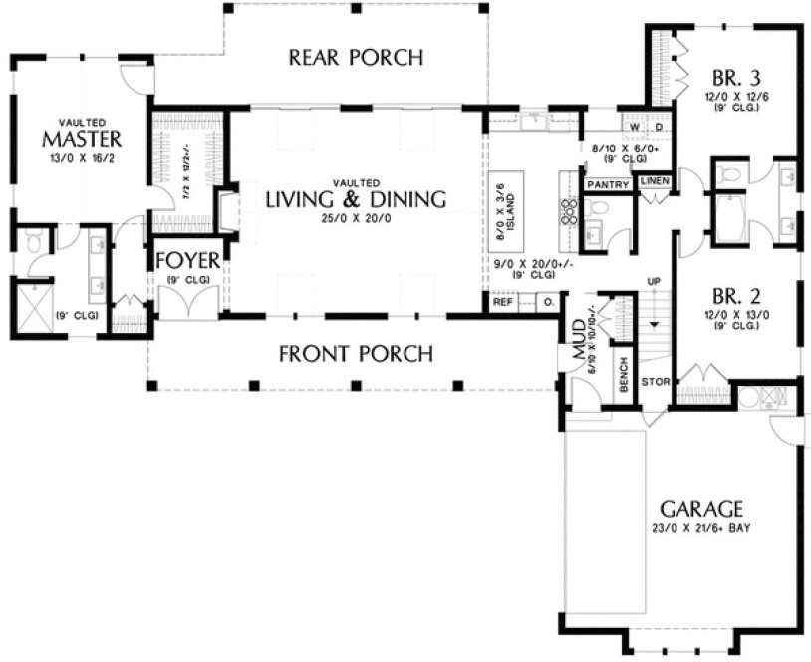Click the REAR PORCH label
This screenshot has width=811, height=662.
click(x=356, y=57)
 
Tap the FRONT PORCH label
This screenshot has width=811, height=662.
click(x=356, y=353)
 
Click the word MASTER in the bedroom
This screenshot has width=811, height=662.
click(x=83, y=138)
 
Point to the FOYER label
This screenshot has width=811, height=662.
click(x=185, y=261)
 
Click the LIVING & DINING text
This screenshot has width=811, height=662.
click(x=356, y=199)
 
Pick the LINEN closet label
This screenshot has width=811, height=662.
click(x=653, y=180)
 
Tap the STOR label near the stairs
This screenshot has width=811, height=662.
click(x=653, y=380)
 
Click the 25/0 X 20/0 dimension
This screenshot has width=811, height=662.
click(x=356, y=219)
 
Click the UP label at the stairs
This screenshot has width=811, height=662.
click(x=654, y=282)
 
